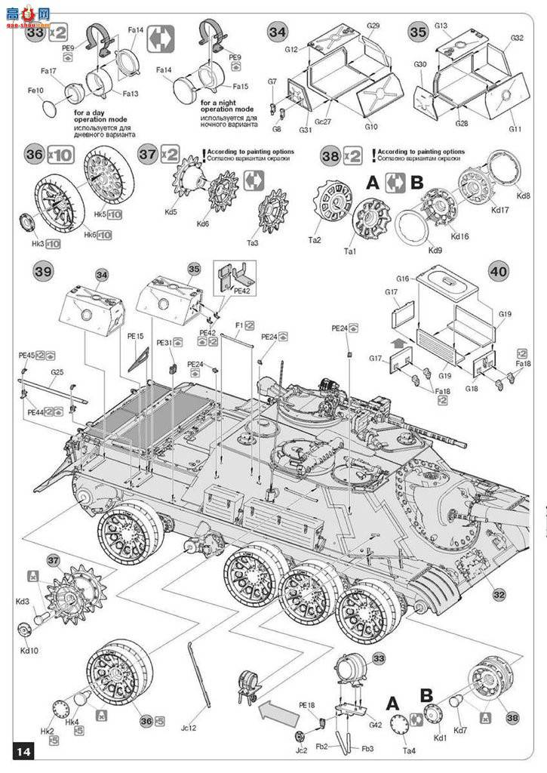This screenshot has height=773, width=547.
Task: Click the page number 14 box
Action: tap(23, 751)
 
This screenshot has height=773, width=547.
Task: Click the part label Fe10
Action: tap(35, 90)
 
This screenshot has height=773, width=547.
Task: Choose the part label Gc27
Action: tap(323, 121)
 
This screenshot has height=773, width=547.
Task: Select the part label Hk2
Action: tap(47, 731)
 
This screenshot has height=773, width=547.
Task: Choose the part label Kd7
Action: tap(460, 730)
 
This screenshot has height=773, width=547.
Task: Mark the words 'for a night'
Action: tap(223, 102)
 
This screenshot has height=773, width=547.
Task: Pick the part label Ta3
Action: tap(273, 243)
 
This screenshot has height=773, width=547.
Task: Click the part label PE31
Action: tap(165, 342)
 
